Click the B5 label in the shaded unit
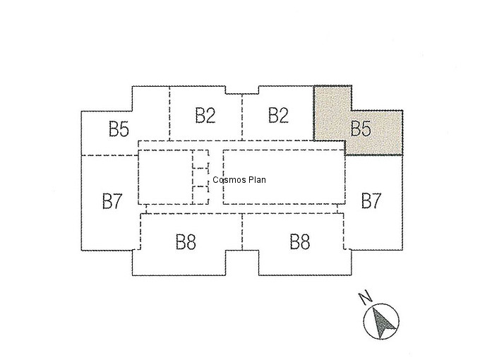pos(361,128)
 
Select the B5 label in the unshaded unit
pos(119,128)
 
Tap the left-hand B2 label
pos(205,115)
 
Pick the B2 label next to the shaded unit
pos(278,115)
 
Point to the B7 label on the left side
pos(112,200)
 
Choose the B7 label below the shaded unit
pos(371,200)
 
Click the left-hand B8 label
pos(186,242)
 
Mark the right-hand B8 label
pos(300,241)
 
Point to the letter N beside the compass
pos(365,298)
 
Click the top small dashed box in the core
pos(200,159)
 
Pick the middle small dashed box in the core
pos(200,177)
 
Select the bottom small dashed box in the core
pos(200,195)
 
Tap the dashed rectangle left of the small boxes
pos(138,177)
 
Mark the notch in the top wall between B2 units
pos(242,93)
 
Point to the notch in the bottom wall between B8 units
pos(242,251)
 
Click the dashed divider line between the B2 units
pos(242,117)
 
